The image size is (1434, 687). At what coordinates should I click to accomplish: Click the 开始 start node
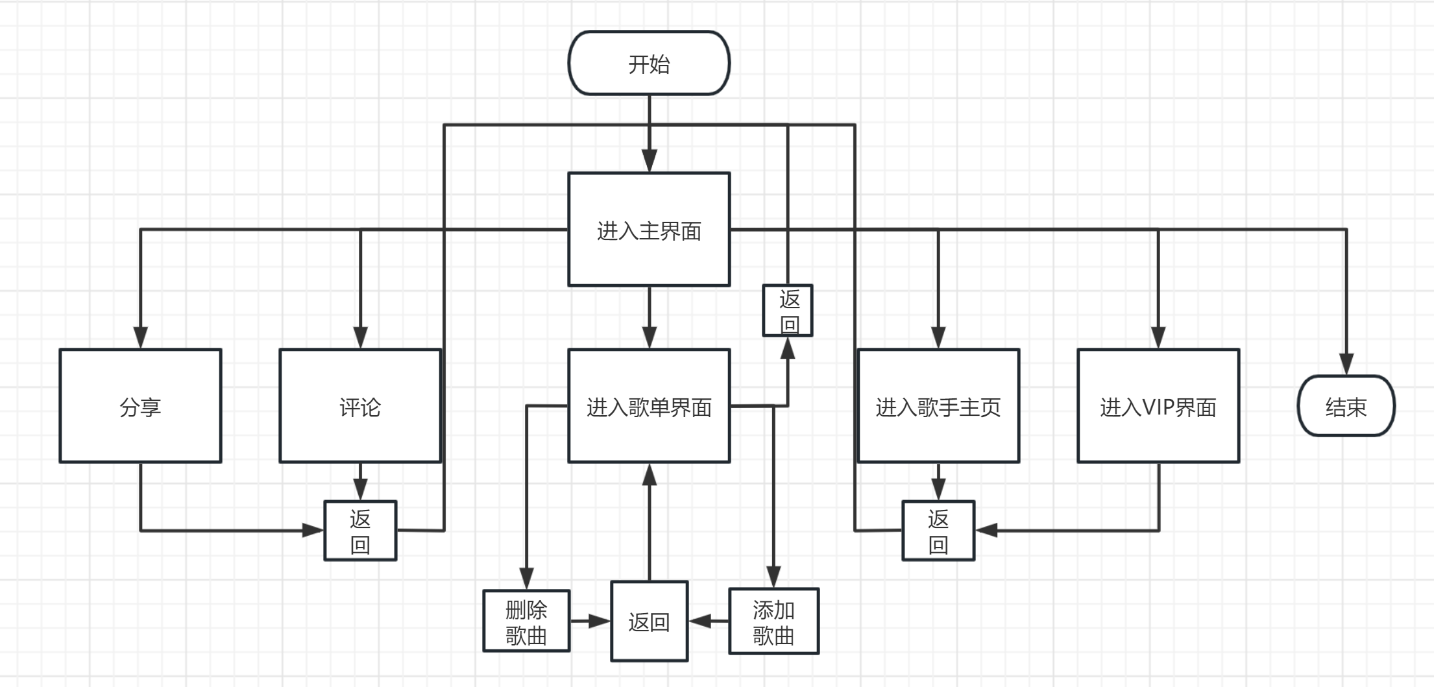[x=649, y=64]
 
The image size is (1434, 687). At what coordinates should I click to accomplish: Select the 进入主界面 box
[x=649, y=230]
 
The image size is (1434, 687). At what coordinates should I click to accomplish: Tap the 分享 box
[x=140, y=406]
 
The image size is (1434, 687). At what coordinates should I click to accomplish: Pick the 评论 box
[x=360, y=406]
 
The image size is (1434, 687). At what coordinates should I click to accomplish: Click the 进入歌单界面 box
[x=649, y=406]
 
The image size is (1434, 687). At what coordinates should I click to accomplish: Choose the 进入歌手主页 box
[x=938, y=406]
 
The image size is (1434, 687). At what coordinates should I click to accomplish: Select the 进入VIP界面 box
[x=1158, y=406]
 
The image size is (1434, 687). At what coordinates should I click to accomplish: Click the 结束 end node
[x=1346, y=406]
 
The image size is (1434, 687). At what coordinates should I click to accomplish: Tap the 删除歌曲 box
[x=526, y=621]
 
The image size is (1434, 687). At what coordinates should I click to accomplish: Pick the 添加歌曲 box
[x=773, y=621]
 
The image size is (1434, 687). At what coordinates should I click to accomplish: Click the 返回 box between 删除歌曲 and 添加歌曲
[x=649, y=621]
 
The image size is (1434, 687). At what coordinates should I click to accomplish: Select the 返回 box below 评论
[x=360, y=531]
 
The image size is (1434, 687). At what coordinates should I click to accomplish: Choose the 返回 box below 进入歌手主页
[x=938, y=531]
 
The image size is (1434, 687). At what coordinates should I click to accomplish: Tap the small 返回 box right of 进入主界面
[x=788, y=311]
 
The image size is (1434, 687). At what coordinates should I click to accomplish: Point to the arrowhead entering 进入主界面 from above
[x=649, y=162]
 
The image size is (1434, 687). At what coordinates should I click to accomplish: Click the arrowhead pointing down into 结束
[x=1346, y=365]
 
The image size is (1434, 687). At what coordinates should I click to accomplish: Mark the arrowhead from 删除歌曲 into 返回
[x=600, y=621]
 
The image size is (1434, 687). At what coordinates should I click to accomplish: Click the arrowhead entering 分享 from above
[x=140, y=338]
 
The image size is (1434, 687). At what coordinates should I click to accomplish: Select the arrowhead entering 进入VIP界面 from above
[x=1158, y=338]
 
